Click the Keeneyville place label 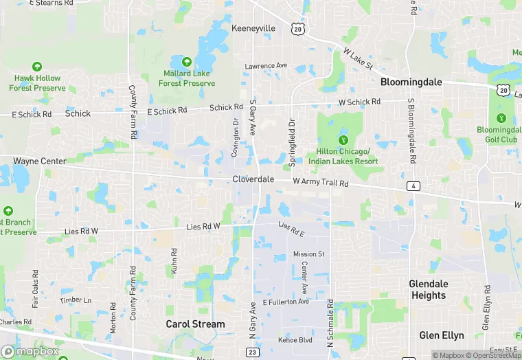tap(253, 28)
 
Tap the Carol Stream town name tap(195, 324)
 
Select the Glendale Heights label tap(428, 289)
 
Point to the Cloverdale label tap(253, 179)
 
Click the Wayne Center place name tap(40, 161)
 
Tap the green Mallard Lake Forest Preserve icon tap(186, 60)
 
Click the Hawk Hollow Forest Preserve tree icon tap(37, 67)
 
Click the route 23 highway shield tap(253, 352)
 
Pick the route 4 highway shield tap(413, 186)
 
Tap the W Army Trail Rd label tap(321, 183)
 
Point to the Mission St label tap(308, 254)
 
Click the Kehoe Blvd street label tap(295, 340)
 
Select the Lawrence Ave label tap(266, 66)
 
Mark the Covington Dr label tap(235, 137)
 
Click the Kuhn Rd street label tap(173, 262)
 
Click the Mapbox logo tap(30, 351)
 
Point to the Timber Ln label tap(75, 300)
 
